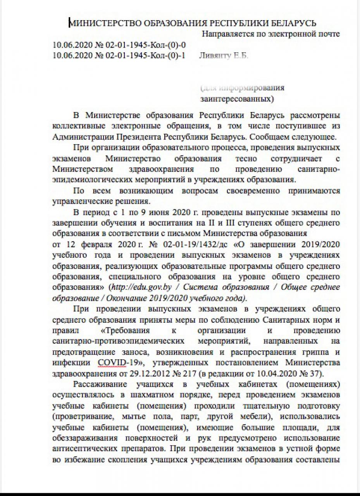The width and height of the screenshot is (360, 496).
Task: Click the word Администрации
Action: coord(80,137)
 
